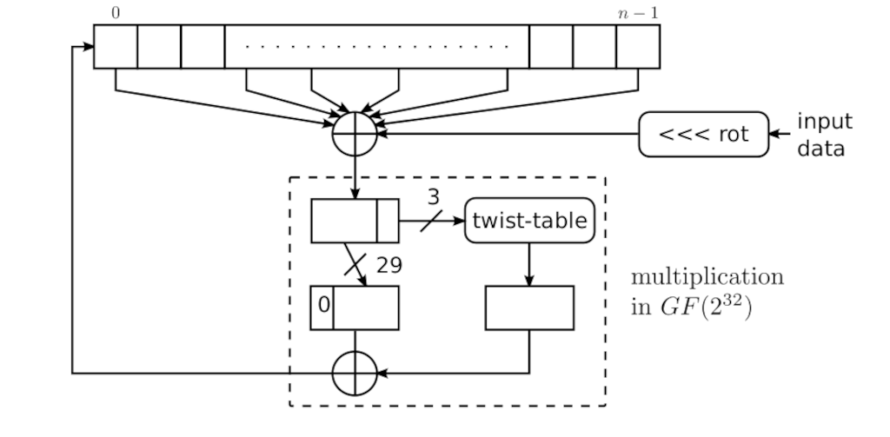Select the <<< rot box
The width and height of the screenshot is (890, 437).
[x=703, y=134]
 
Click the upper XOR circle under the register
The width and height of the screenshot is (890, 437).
[x=355, y=134]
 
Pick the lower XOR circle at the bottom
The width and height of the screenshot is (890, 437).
[x=355, y=374]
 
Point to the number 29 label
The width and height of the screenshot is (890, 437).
[x=389, y=266]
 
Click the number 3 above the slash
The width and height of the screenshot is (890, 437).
[x=433, y=196]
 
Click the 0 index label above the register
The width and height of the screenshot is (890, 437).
[x=116, y=13]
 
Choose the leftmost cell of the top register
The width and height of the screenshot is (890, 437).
[x=116, y=46]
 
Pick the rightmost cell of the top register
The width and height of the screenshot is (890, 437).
[x=638, y=46]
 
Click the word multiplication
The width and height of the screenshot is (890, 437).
[x=707, y=277]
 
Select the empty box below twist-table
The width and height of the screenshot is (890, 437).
[x=529, y=308]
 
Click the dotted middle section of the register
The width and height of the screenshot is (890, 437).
[x=376, y=46]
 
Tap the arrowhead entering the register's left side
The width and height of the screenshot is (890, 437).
[x=88, y=46]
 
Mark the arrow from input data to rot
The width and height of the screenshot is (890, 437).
[x=780, y=134]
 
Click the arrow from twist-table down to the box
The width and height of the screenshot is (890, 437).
[x=529, y=264]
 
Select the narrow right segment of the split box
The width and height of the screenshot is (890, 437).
[x=388, y=221]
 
